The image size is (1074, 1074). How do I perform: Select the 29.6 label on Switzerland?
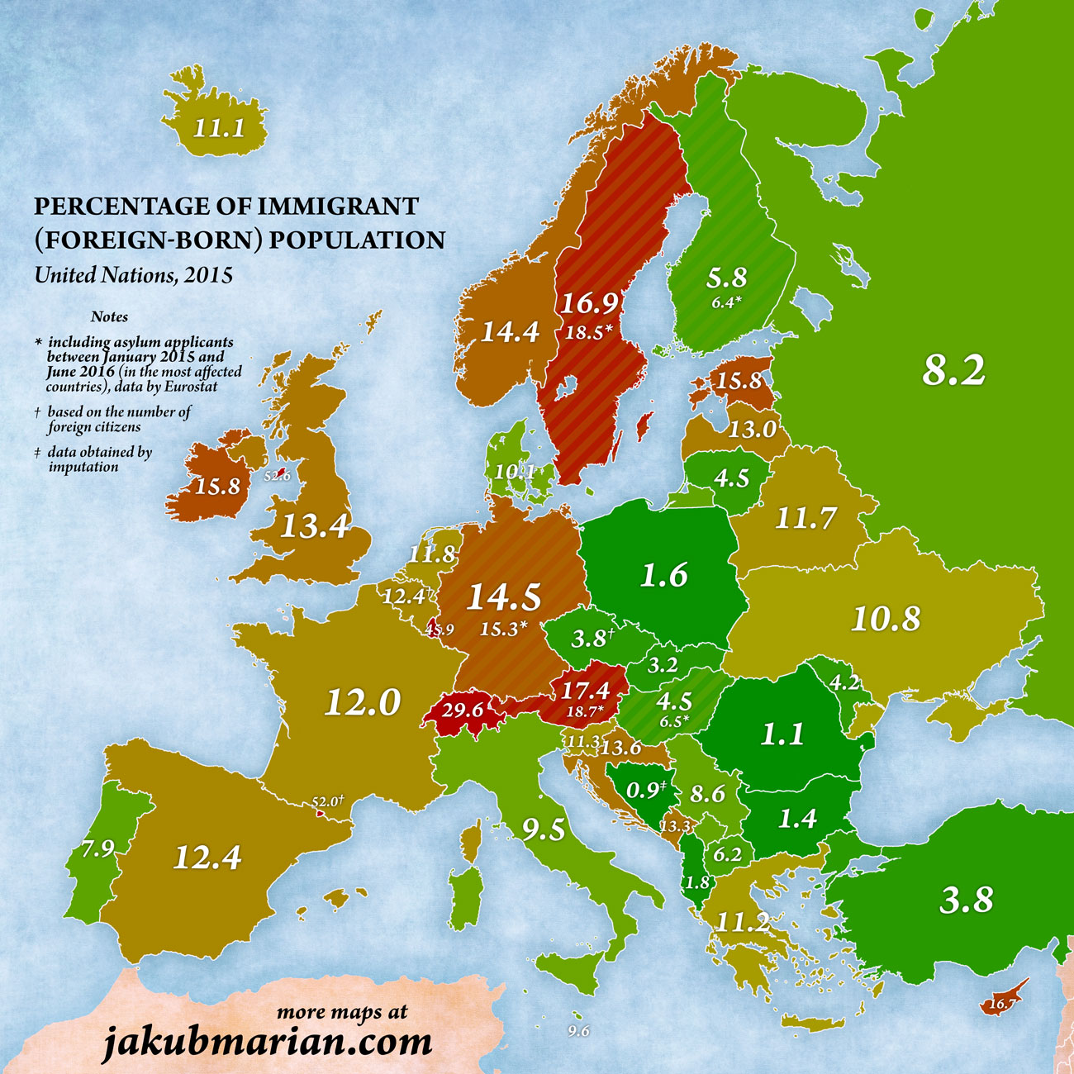(462, 710)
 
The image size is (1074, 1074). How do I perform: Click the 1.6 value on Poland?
(664, 574)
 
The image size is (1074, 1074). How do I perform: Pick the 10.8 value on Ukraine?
(886, 618)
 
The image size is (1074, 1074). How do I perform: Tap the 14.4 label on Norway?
(510, 331)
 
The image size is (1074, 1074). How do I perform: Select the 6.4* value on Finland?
(726, 302)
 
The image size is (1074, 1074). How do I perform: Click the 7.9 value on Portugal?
(97, 848)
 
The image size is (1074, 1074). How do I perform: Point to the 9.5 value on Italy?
(543, 829)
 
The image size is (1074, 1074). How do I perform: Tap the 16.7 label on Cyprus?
(1001, 1004)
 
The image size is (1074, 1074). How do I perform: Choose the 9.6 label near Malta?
(578, 1031)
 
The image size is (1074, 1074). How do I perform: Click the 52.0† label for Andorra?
(327, 801)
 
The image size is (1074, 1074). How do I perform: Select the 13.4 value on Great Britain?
(315, 525)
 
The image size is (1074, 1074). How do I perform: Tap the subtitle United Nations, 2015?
(133, 274)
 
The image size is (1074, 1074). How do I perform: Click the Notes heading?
(109, 316)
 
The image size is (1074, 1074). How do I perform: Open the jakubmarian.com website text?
(267, 1041)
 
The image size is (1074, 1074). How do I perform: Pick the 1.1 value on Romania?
(782, 734)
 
